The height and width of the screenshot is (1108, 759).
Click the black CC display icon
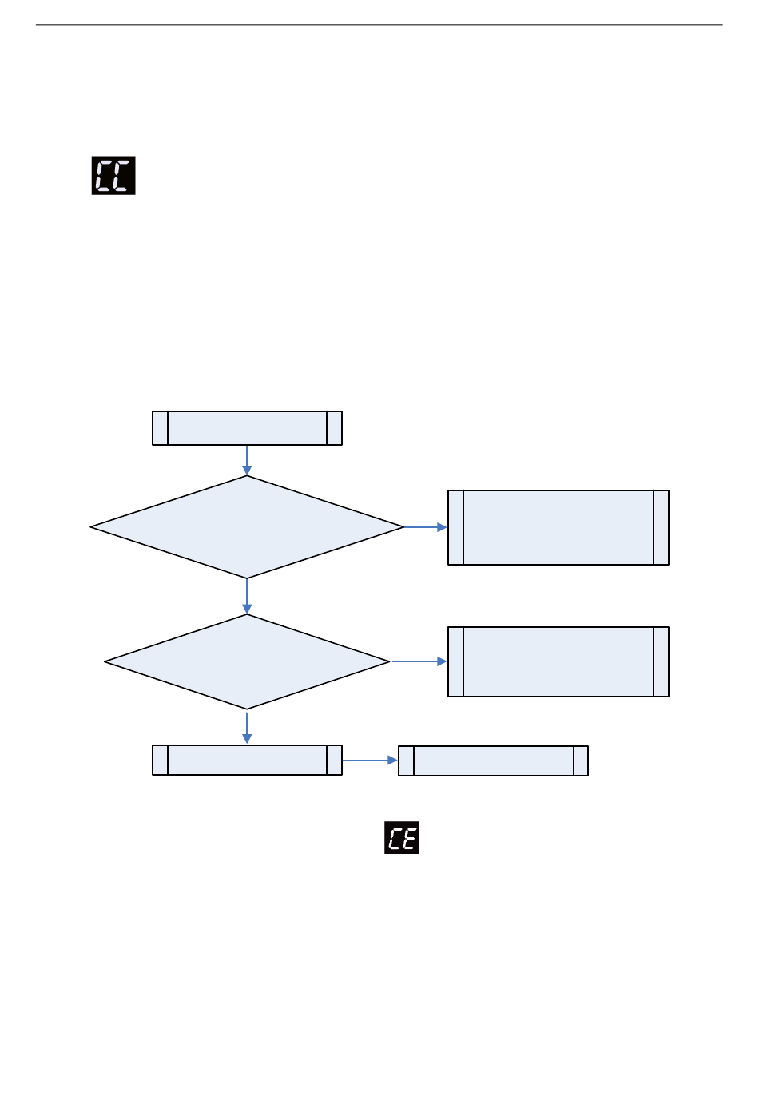coord(113,175)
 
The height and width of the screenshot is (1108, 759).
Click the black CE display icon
coord(402,837)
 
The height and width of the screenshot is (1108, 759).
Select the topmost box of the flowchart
coord(247,428)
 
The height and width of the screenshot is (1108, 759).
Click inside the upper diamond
coord(247,527)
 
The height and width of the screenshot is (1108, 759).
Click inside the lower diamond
coord(247,661)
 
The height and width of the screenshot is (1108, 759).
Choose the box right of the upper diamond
coord(558,527)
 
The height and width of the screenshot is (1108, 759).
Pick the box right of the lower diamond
coord(558,661)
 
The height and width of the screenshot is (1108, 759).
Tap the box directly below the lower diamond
coord(247,760)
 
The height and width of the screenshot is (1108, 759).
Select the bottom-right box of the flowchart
coord(493,761)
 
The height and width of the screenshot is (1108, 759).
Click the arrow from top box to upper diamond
coord(247,460)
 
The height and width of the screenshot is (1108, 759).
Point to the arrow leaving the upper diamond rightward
coord(425,527)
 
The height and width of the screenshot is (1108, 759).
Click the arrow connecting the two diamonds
coord(247,596)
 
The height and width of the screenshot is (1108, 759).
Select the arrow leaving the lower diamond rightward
coord(419,661)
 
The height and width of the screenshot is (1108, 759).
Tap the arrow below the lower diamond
coord(247,727)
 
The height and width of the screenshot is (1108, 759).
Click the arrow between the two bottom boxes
coord(370,761)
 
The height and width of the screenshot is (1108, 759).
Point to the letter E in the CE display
coord(409,838)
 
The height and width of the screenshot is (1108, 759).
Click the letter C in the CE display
coord(395,838)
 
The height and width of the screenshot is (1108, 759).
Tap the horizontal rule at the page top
coord(379,25)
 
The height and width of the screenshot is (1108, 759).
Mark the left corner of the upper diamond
coord(93,527)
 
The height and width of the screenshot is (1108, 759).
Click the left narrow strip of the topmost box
coord(160,428)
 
